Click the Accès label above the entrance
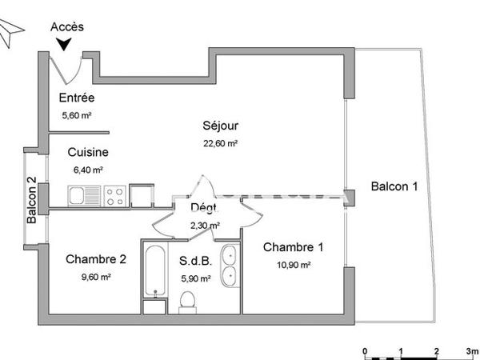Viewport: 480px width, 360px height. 67,26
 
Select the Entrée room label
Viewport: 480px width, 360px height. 77,98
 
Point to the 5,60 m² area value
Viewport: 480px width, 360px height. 77,115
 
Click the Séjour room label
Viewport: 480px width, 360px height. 221,126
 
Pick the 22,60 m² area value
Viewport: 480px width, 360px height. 221,143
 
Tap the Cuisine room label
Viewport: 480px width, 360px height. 88,152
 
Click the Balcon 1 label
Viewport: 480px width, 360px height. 394,186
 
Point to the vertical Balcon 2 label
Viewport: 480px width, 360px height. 32,199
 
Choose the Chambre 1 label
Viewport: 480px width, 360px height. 294,246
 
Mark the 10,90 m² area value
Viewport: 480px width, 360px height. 294,264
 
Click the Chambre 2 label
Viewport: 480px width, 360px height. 96,258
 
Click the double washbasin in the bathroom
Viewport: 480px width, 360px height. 229,266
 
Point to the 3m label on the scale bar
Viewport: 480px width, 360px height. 472,351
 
